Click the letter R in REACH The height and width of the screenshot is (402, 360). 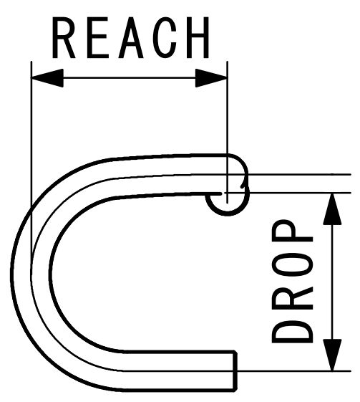[x=64, y=38]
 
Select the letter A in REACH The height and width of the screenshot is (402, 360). [x=131, y=38]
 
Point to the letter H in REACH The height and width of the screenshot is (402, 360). [x=198, y=38]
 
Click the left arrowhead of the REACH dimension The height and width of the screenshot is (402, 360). [x=47, y=77]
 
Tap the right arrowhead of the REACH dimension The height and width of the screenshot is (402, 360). [x=211, y=77]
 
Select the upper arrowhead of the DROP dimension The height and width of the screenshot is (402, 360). [x=332, y=209]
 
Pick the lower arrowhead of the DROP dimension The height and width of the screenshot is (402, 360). [x=332, y=355]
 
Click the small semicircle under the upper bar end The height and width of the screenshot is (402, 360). [x=228, y=214]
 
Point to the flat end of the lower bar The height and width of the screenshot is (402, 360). [x=235, y=371]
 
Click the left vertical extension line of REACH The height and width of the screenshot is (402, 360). [x=31, y=164]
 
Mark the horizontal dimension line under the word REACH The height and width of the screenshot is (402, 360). [x=129, y=77]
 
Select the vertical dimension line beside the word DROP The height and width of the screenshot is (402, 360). [x=332, y=282]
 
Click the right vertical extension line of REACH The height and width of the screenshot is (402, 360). [x=228, y=132]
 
